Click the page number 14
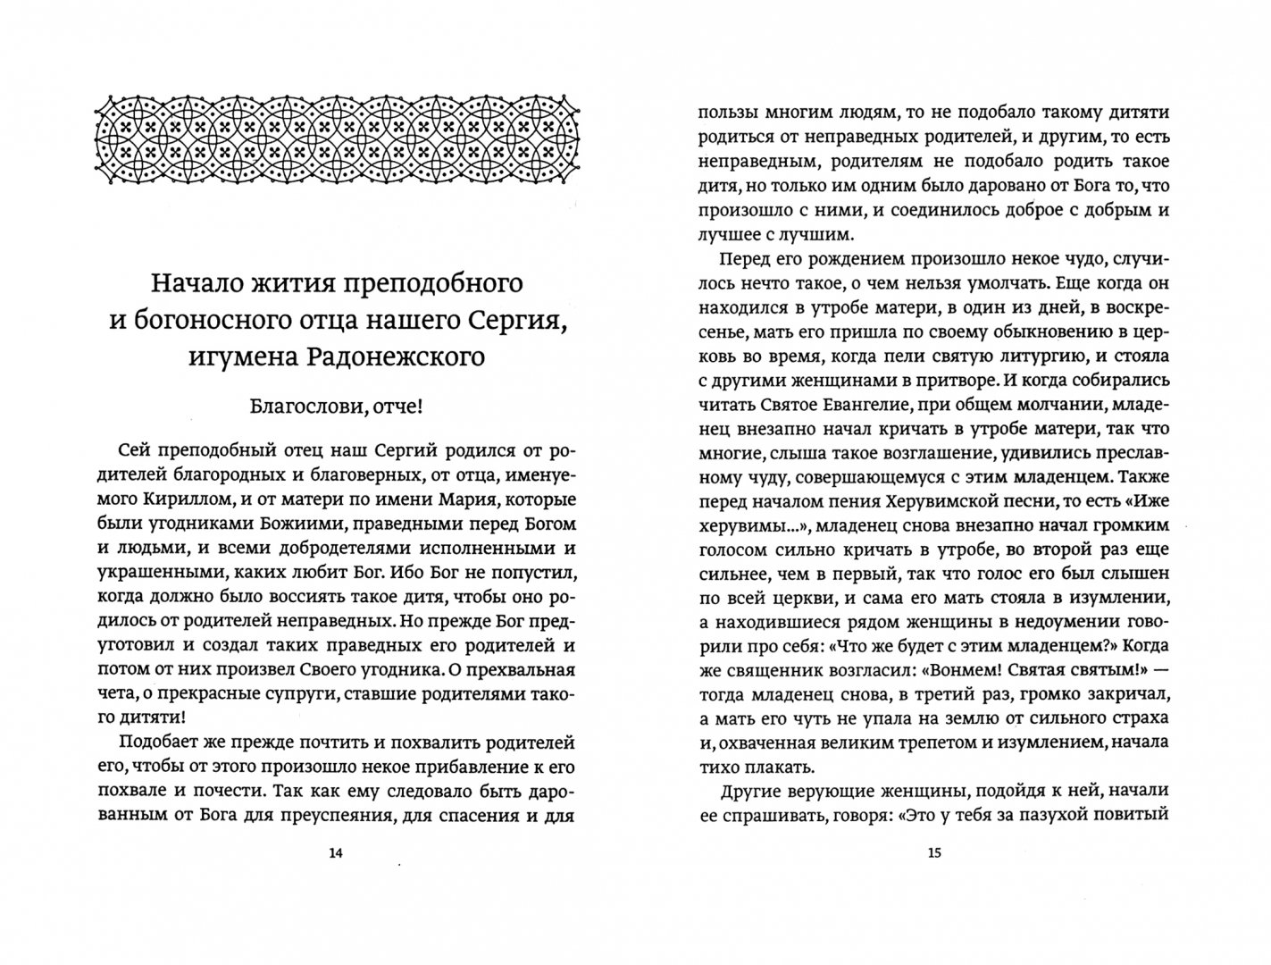(x=335, y=853)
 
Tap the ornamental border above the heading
(x=335, y=136)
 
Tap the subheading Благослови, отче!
(x=335, y=407)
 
